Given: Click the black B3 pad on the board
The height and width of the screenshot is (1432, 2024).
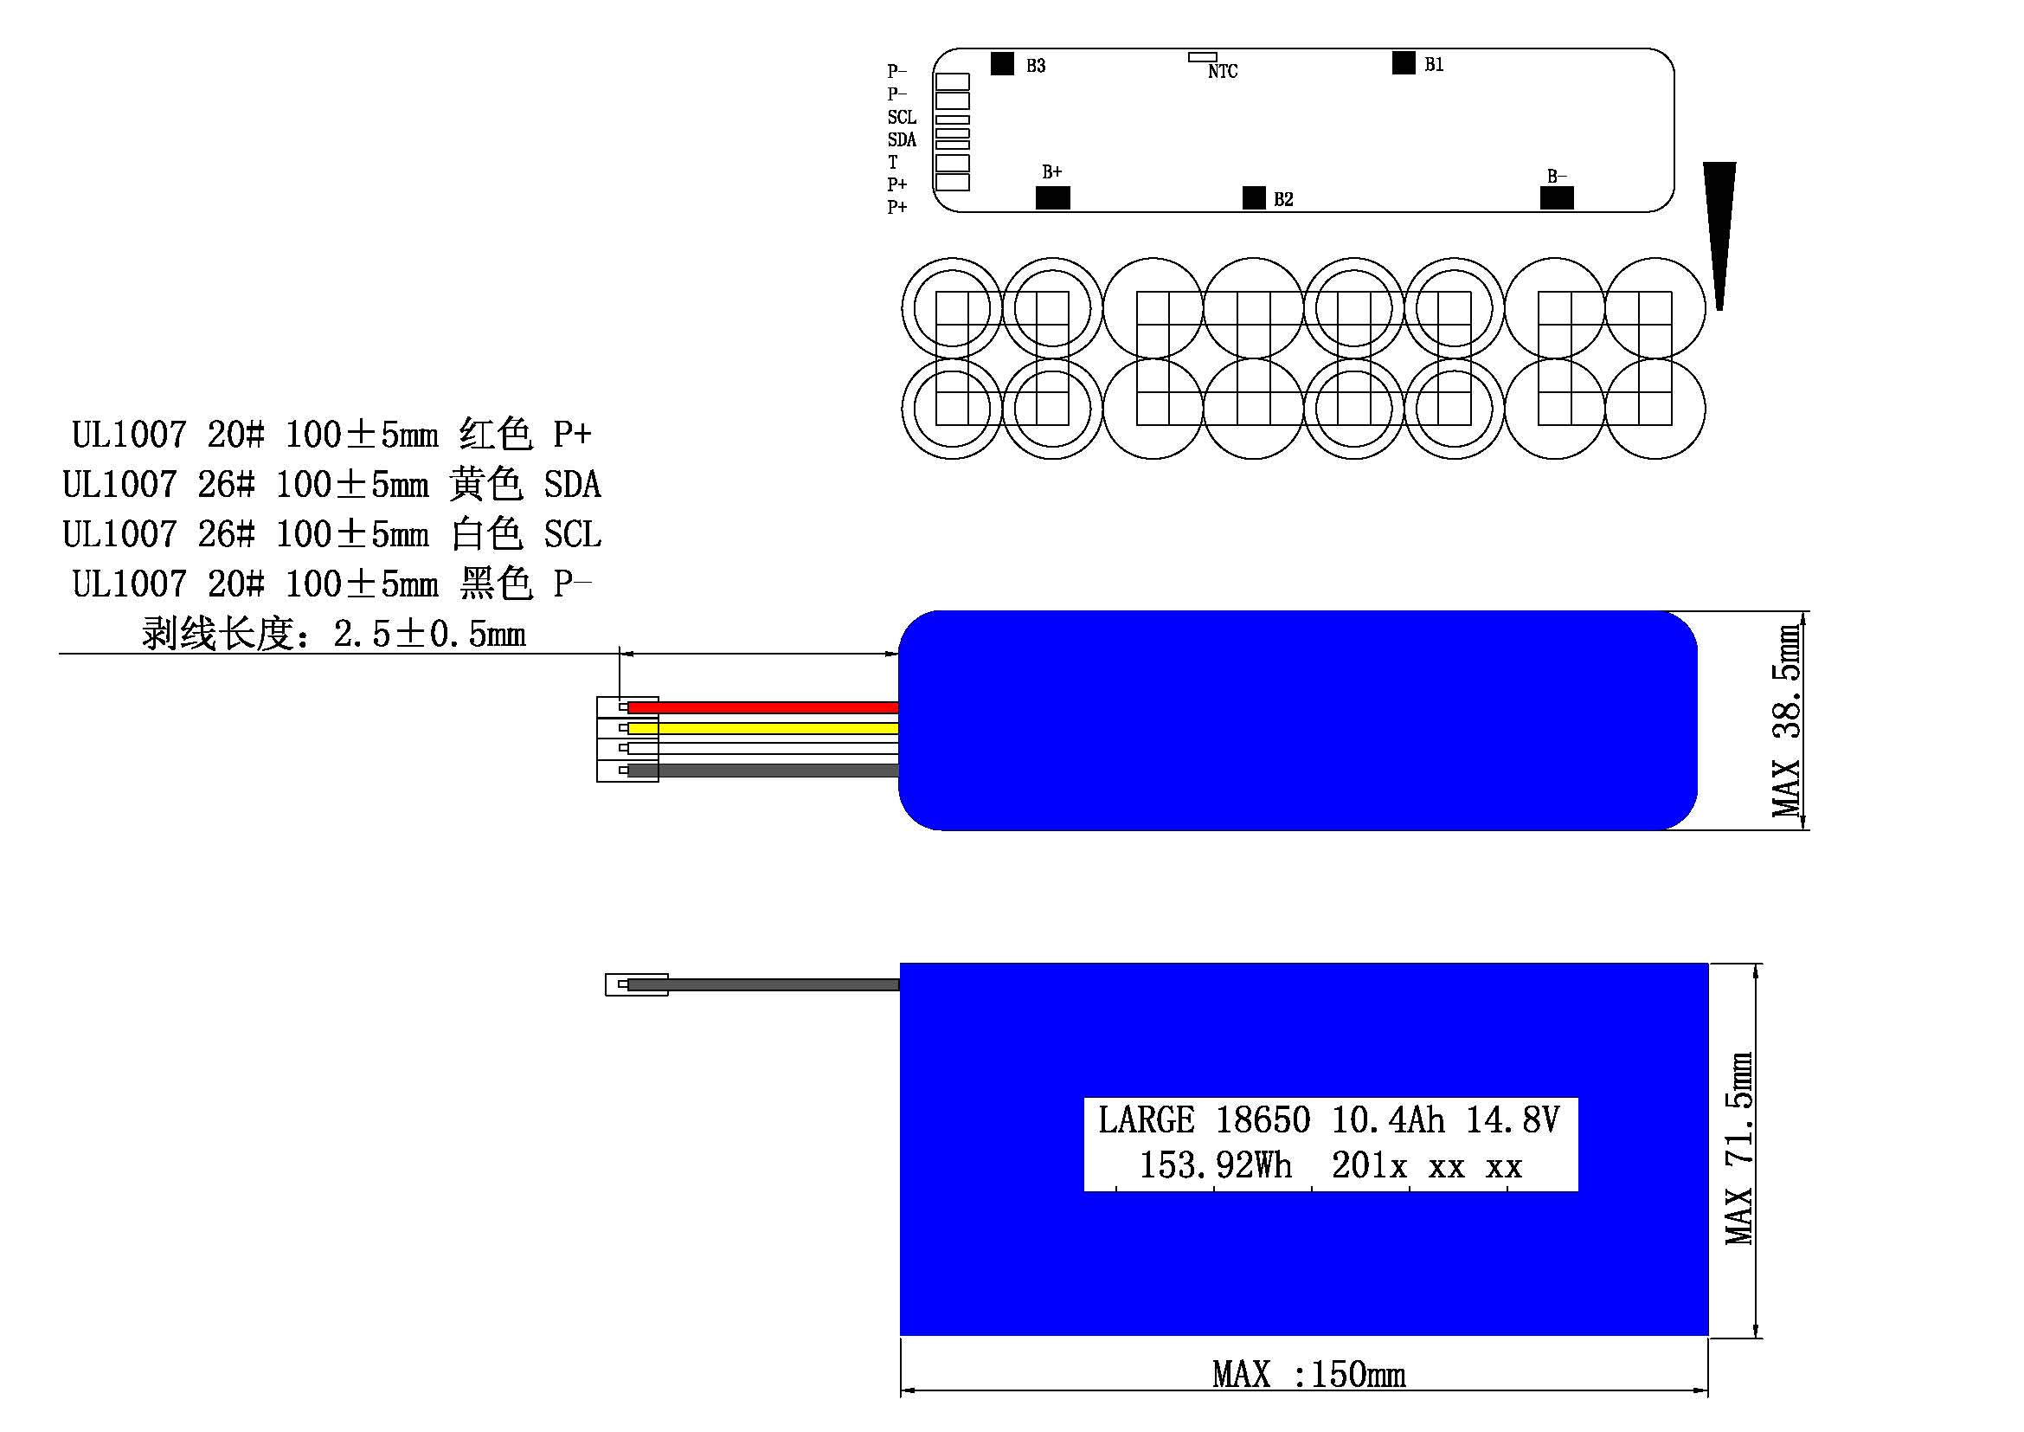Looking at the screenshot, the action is pos(1002,63).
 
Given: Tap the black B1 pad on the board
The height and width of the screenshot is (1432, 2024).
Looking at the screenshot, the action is pos(1404,62).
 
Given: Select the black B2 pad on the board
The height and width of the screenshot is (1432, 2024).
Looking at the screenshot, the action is pos(1254,197).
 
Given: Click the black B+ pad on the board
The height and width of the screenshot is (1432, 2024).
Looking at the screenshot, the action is pos(1052,197).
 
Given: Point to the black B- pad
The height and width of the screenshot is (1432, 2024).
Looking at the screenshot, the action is pos(1557,197).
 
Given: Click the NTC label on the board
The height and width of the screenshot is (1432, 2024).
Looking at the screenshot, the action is pos(1223,71).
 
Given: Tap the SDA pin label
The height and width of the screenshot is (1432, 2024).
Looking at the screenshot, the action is pos(902,139).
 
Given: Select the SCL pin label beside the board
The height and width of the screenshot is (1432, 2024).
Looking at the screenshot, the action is pos(902,117).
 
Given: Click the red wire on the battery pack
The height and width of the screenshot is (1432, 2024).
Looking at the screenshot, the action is pos(763,707).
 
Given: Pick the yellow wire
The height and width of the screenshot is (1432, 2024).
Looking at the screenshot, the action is pos(763,728).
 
